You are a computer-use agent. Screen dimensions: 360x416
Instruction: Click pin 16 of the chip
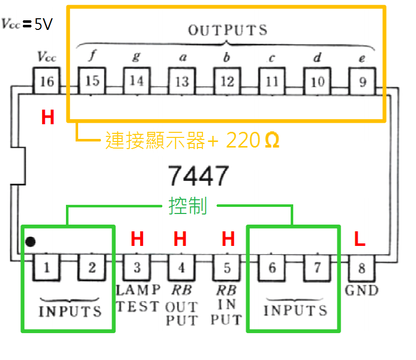[46, 81]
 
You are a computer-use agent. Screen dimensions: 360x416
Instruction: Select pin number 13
[182, 81]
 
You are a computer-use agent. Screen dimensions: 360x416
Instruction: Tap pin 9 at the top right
[362, 81]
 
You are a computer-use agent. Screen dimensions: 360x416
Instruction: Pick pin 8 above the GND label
[361, 267]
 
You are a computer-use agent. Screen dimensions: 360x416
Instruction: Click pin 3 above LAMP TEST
[137, 267]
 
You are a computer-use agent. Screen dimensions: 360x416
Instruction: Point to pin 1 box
[47, 267]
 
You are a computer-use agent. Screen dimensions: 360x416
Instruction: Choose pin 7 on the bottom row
[317, 267]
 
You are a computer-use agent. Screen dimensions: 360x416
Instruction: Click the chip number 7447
[199, 176]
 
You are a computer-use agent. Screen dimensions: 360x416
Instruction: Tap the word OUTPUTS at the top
[227, 30]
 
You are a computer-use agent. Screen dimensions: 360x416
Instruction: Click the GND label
[362, 291]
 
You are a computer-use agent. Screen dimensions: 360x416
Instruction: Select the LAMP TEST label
[138, 298]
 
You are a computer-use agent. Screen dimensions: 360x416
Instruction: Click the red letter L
[360, 239]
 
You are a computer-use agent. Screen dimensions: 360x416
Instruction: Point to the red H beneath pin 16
[48, 118]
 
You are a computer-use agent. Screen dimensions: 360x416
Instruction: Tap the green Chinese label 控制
[188, 206]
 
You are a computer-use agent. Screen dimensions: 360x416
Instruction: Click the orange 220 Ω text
[252, 140]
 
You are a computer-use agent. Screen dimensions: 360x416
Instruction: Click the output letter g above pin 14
[136, 56]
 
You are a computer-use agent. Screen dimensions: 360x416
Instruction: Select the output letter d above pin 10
[317, 57]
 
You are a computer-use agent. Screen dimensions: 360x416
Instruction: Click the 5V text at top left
[43, 24]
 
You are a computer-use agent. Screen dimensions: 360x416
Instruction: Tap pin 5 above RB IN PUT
[227, 267]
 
